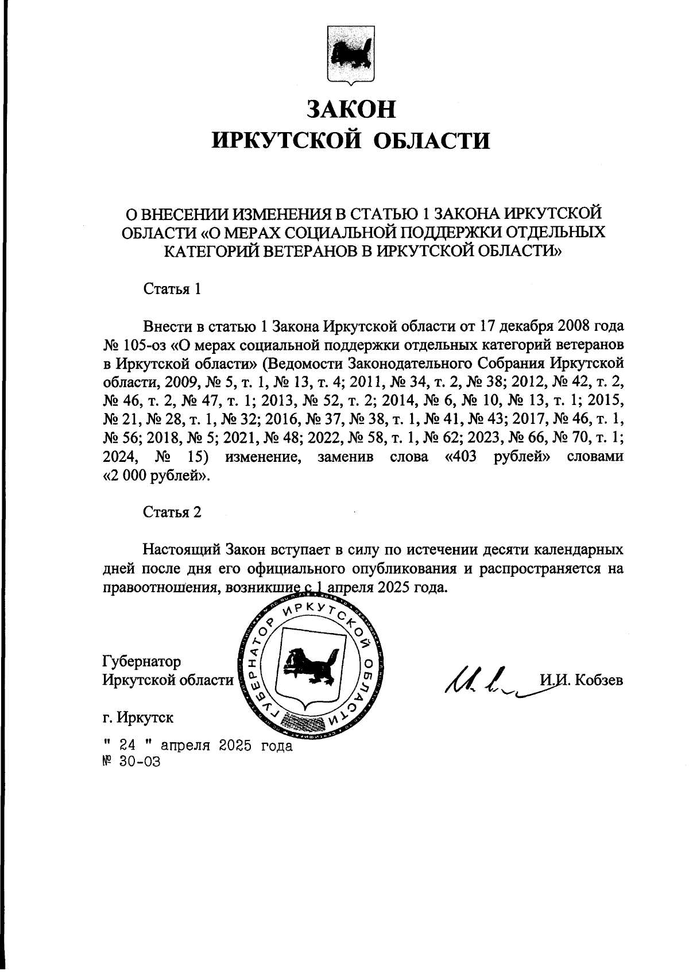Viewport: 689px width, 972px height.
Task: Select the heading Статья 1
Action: click(x=172, y=289)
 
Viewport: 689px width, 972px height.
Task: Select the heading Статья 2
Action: click(x=172, y=512)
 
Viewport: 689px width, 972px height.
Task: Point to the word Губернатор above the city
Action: click(x=141, y=662)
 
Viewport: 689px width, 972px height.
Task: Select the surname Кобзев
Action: click(x=602, y=681)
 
